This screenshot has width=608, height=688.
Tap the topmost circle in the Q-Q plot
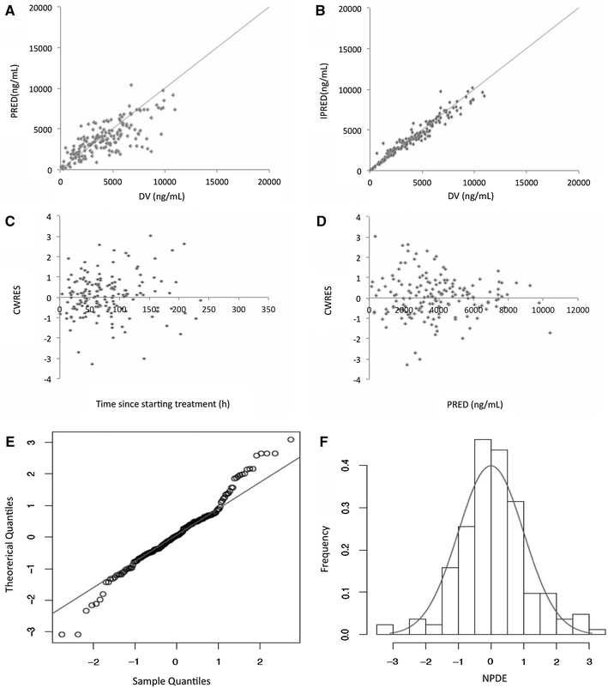[x=291, y=439]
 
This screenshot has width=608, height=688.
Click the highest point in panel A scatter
[x=130, y=84]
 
